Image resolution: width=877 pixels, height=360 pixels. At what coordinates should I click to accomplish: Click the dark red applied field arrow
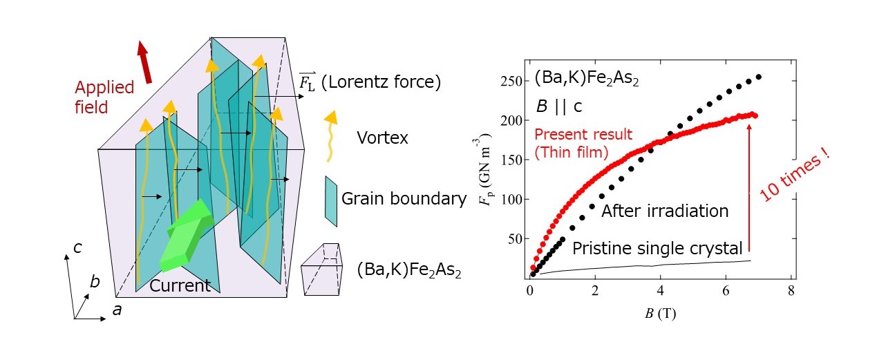tap(144, 61)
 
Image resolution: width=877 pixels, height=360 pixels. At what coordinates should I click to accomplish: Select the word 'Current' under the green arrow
tap(180, 285)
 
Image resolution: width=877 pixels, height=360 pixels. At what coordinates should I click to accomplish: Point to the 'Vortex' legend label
tap(382, 138)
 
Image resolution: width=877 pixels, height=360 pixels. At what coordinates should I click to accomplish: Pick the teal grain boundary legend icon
tap(330, 200)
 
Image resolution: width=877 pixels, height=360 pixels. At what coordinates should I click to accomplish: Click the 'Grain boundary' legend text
tap(404, 199)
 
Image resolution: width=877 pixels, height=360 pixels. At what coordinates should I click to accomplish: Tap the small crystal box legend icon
tap(323, 269)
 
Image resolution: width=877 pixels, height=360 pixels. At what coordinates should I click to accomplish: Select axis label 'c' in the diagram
tap(78, 247)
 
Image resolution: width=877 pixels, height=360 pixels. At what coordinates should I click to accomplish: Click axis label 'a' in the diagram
tap(117, 310)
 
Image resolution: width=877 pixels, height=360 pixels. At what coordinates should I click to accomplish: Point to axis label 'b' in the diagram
tap(96, 282)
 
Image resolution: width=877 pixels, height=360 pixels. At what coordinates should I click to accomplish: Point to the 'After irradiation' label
tap(665, 211)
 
